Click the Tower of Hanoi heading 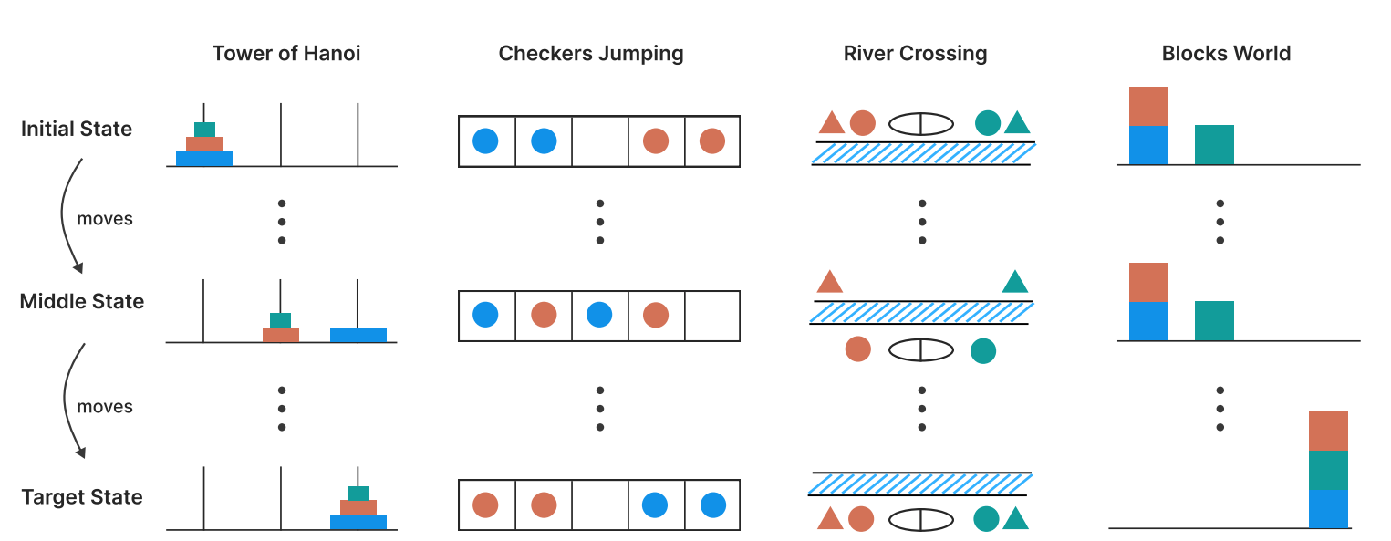coord(286,54)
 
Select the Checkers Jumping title coord(590,54)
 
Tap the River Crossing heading coord(915,54)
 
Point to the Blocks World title coord(1226,54)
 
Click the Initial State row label coord(77,129)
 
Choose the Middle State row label coord(82,301)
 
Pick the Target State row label coord(82,497)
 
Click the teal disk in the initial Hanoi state coord(204,130)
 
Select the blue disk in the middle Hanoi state coord(358,335)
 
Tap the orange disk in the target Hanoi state coord(358,507)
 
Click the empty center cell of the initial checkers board coord(600,141)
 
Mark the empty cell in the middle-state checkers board coord(712,316)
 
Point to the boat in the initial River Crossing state coord(921,123)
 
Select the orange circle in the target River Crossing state coord(861,518)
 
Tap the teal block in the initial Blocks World coord(1214,145)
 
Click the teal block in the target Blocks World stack coord(1328,470)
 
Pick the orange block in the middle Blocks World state coord(1148,283)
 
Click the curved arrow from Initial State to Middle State coord(63,214)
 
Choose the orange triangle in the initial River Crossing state coord(832,123)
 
